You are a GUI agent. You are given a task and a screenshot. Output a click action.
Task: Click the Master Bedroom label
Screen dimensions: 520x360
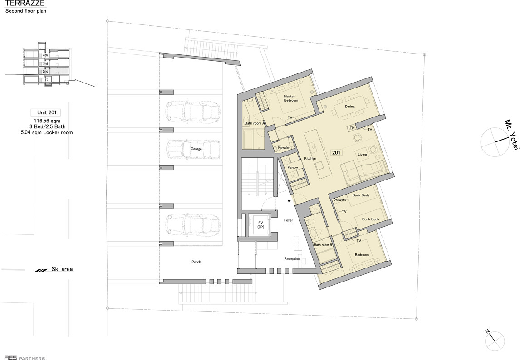click(291, 98)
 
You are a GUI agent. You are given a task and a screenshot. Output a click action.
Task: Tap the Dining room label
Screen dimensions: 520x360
click(349, 107)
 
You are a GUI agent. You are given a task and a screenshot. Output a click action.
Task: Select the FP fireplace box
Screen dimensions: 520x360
click(352, 128)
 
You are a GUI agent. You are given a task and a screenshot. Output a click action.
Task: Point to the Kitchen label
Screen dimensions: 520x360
click(310, 158)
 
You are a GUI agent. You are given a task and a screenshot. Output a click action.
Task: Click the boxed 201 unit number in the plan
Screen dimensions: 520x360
click(336, 153)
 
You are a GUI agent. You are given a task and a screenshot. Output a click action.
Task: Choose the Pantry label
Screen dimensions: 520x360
click(293, 168)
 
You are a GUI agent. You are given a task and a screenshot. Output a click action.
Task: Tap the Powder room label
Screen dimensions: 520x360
click(284, 147)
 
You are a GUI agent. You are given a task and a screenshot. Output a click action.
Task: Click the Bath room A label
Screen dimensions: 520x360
click(255, 123)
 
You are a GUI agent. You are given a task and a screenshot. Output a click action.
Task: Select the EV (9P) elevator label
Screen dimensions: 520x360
click(260, 225)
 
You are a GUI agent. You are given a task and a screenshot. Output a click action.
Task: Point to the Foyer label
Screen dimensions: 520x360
click(289, 220)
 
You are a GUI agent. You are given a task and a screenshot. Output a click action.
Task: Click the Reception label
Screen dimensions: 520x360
click(292, 258)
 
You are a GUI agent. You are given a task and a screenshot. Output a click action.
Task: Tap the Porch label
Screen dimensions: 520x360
click(196, 262)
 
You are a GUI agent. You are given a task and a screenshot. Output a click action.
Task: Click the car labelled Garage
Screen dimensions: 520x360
click(193, 149)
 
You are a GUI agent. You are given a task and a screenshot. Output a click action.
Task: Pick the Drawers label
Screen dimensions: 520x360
click(339, 200)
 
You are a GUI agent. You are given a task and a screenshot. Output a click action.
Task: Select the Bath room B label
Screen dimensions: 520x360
click(323, 245)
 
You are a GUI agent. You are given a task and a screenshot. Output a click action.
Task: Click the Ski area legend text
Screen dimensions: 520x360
click(62, 269)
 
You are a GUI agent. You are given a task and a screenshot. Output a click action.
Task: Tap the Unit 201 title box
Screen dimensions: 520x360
click(47, 112)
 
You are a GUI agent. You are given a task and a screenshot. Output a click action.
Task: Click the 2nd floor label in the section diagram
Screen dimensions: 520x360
click(45, 71)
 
